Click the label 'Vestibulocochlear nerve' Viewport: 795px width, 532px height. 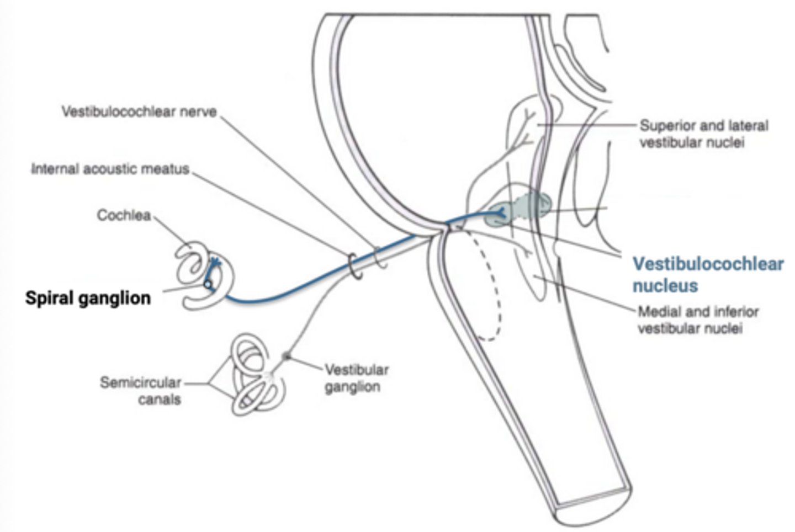[x=139, y=112]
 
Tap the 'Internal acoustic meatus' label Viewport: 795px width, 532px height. [x=110, y=169]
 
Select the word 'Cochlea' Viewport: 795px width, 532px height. [x=124, y=215]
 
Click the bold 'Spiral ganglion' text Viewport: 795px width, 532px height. [x=88, y=298]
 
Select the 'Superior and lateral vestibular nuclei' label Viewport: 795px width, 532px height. [x=703, y=134]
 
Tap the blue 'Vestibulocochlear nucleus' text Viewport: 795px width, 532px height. [x=707, y=274]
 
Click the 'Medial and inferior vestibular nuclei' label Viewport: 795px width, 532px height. [x=697, y=320]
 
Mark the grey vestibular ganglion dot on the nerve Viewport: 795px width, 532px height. [x=286, y=357]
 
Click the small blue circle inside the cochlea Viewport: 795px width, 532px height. [x=207, y=285]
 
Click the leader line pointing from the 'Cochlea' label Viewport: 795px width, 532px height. [x=171, y=231]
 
